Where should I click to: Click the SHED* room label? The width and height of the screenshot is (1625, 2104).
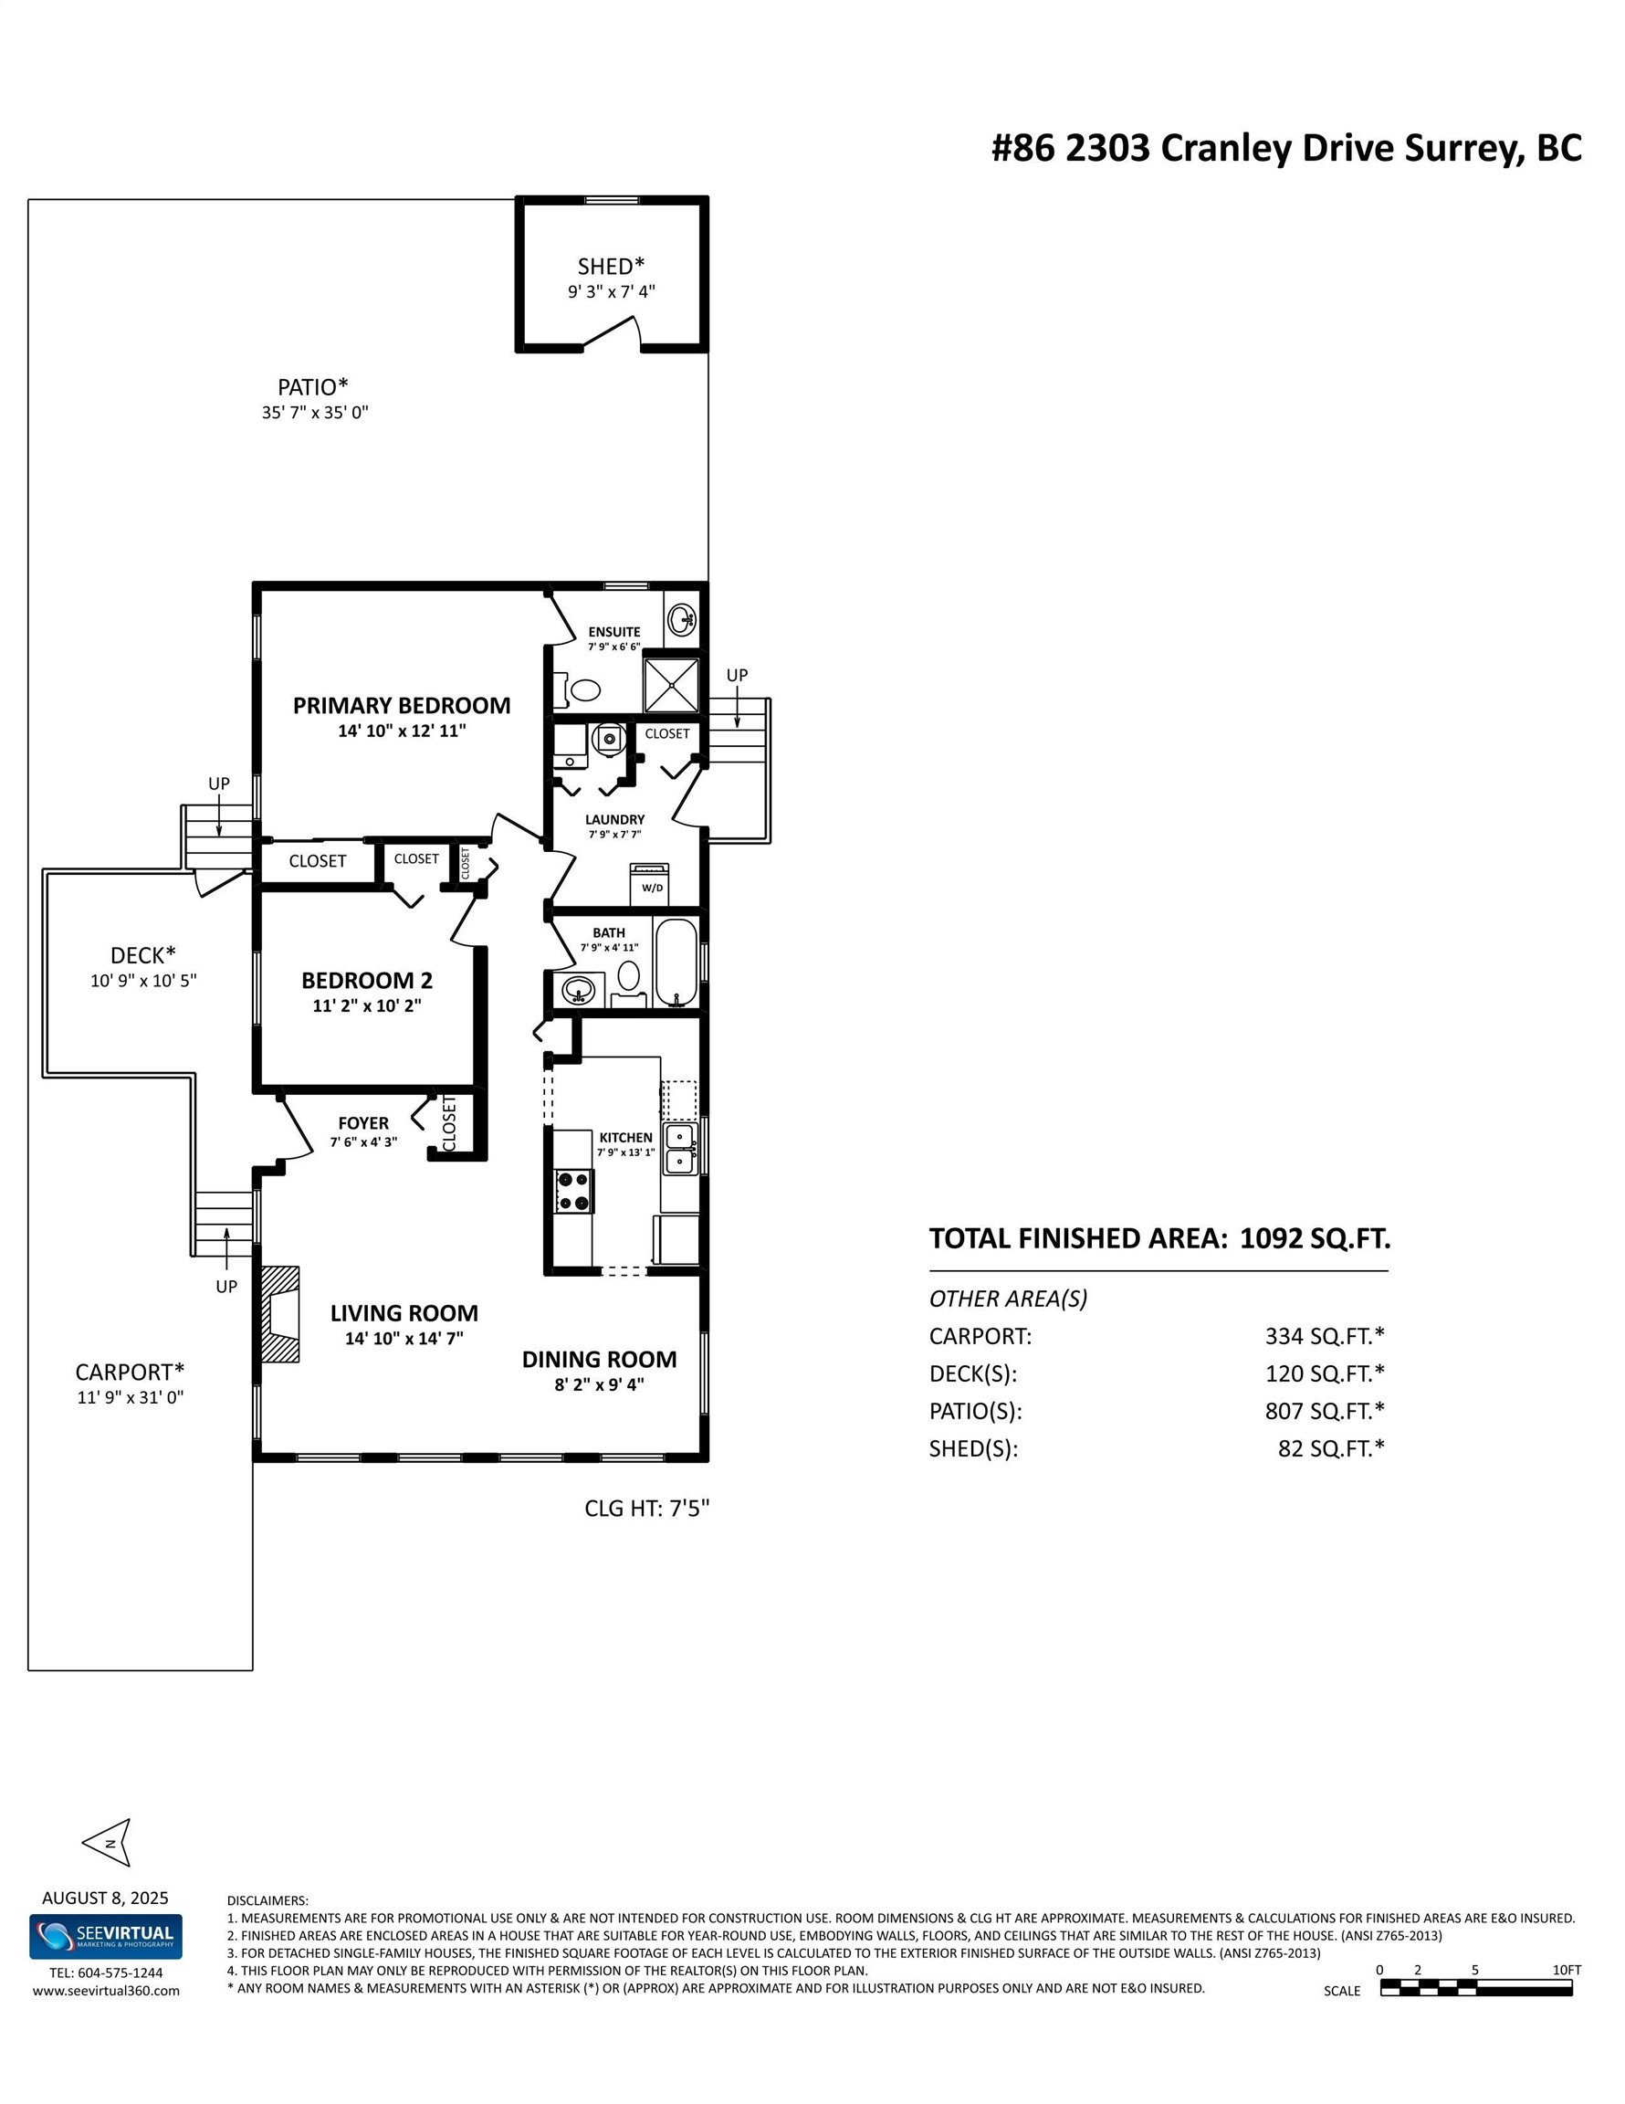pos(611,266)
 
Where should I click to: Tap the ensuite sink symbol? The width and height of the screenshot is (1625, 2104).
pos(682,617)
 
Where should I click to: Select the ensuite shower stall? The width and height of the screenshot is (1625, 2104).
pos(669,684)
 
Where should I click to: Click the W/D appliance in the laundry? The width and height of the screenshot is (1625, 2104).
pos(651,884)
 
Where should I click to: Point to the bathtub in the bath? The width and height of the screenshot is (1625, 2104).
pos(676,963)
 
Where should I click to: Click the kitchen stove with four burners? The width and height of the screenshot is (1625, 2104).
pos(574,1190)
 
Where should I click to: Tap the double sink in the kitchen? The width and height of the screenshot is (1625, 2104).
pos(680,1150)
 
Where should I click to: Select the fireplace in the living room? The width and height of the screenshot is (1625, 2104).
pos(279,1314)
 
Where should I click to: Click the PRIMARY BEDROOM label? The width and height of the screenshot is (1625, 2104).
pos(402,705)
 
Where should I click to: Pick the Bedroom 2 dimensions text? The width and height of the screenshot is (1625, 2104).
pos(367,1005)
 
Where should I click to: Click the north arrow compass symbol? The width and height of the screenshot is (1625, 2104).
pos(108,1843)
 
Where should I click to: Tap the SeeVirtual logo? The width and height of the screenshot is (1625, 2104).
pos(105,1936)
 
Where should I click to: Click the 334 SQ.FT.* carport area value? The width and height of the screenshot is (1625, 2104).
pos(1324,1336)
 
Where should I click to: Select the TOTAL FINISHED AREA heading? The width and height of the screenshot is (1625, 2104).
pos(1158,1239)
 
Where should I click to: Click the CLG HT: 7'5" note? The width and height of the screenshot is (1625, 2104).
pos(646,1508)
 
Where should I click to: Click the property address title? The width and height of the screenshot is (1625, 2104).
pos(1286,148)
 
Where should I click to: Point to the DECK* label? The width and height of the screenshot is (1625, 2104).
pos(142,954)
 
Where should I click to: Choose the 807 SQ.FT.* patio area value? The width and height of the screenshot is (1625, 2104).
pos(1324,1410)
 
